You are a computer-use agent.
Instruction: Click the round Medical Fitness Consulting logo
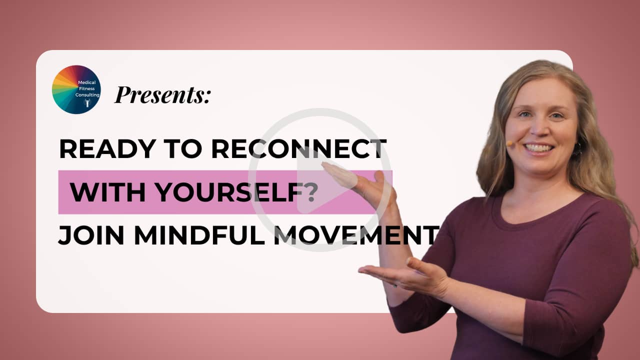(x=76, y=89)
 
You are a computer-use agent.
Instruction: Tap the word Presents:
(x=162, y=94)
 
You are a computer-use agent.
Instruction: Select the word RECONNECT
(x=299, y=149)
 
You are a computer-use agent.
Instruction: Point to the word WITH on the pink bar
(x=107, y=192)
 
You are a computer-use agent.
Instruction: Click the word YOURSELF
(x=229, y=192)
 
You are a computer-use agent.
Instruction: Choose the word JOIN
(x=91, y=235)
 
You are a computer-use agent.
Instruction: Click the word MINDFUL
(x=199, y=235)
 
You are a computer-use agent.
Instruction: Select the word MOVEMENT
(x=356, y=235)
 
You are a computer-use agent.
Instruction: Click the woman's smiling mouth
(x=538, y=148)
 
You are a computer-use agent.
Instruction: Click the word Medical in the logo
(x=87, y=82)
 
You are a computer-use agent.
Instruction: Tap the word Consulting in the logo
(x=87, y=94)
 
